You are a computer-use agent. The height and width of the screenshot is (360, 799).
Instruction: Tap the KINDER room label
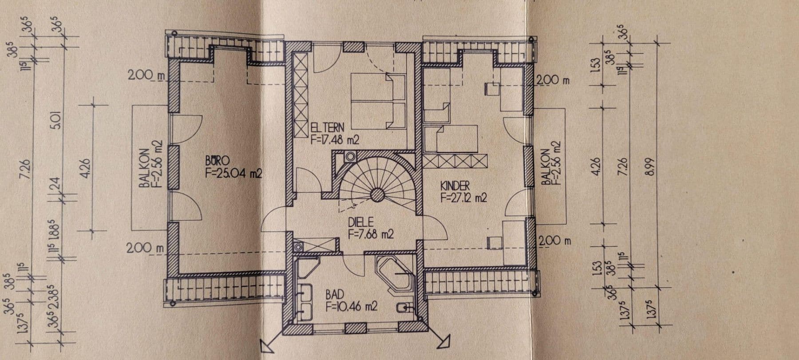pyautogui.click(x=455, y=186)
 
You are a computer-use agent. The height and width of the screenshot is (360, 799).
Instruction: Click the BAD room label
pyautogui.click(x=334, y=295)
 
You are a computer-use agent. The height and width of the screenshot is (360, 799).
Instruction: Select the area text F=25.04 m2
pyautogui.click(x=233, y=173)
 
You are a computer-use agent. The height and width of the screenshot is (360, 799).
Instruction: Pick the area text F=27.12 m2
pyautogui.click(x=463, y=198)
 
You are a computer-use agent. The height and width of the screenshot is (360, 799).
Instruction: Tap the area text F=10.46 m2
pyautogui.click(x=352, y=306)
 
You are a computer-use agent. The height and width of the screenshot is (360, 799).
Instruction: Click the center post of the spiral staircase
pyautogui.click(x=377, y=194)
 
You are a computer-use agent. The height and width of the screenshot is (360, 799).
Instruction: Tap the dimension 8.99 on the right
pyautogui.click(x=651, y=166)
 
